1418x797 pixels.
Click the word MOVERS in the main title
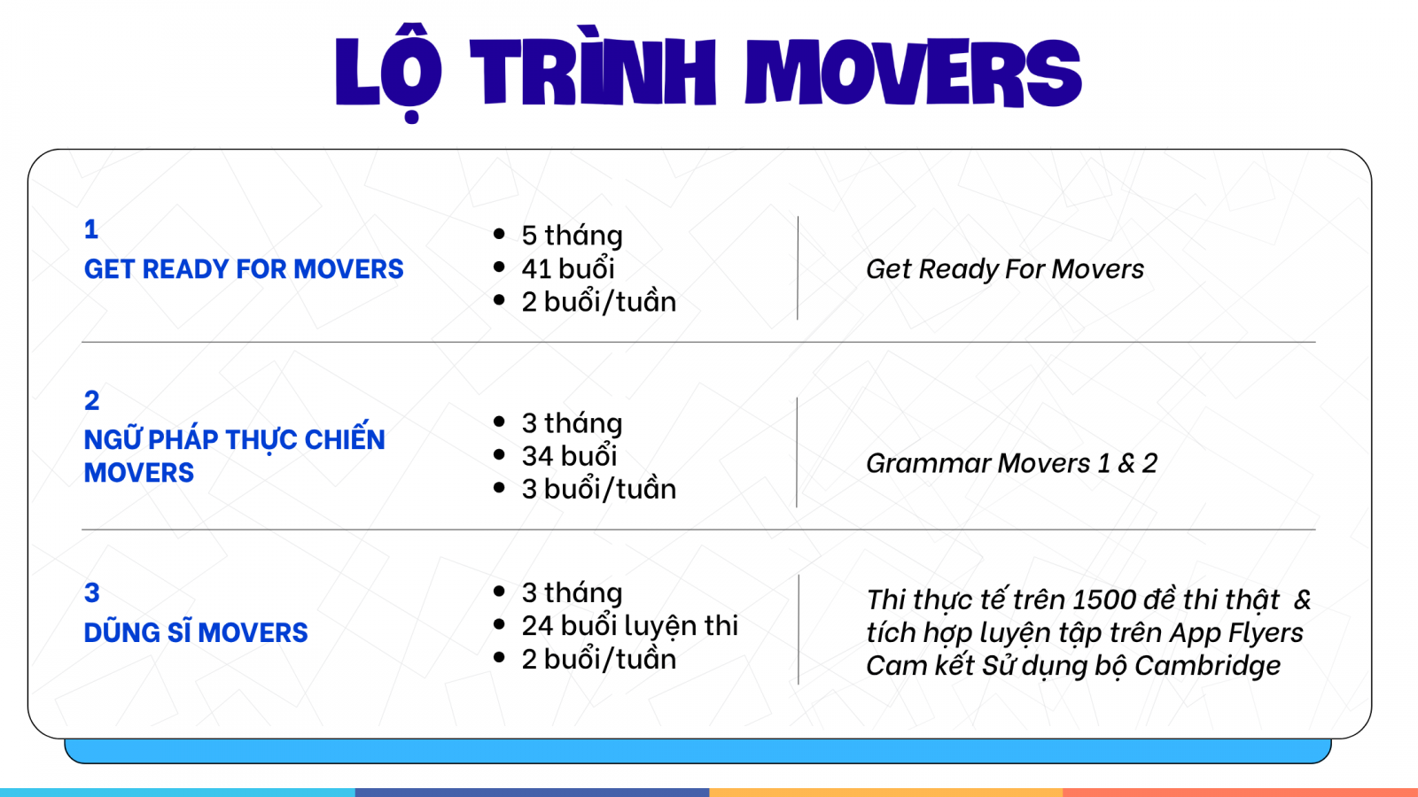click(x=914, y=71)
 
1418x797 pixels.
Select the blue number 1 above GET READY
click(x=91, y=229)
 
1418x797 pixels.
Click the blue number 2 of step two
click(x=92, y=400)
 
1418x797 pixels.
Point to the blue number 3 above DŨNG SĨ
click(x=92, y=592)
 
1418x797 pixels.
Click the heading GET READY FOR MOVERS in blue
click(x=244, y=269)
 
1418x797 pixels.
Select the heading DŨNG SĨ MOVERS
click(x=196, y=632)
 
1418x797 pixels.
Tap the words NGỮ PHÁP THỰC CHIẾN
click(x=234, y=437)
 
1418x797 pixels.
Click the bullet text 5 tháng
click(x=573, y=236)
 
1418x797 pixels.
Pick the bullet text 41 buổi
click(x=568, y=268)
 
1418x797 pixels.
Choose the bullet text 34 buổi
click(x=569, y=456)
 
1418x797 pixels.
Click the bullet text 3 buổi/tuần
click(x=599, y=489)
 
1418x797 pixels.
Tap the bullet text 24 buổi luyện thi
click(x=630, y=626)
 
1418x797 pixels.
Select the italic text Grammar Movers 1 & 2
click(x=1011, y=463)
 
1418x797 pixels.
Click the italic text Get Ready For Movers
click(x=1005, y=269)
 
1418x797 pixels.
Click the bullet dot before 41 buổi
click(x=499, y=267)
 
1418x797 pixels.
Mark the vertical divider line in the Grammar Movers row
click(x=797, y=453)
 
